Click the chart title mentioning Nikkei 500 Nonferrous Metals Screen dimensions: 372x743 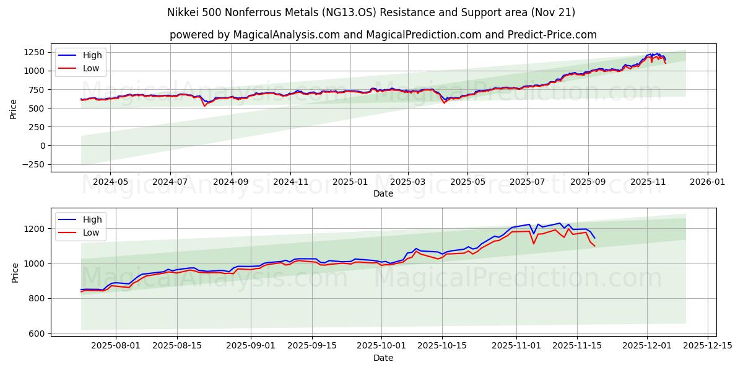tap(371, 12)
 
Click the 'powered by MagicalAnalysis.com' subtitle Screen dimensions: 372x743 tap(383, 35)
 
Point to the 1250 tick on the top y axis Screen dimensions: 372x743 tap(35, 52)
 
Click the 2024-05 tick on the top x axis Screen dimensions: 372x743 tap(110, 183)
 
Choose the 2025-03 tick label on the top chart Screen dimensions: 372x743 tap(407, 183)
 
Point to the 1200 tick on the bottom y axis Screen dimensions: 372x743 tap(35, 229)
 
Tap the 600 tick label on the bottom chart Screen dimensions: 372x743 tap(38, 334)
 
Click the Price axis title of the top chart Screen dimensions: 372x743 tap(14, 108)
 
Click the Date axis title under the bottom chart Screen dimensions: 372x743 tap(383, 358)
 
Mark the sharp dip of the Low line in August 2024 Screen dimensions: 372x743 tap(204, 106)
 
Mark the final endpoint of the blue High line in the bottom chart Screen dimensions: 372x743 tap(594, 238)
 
